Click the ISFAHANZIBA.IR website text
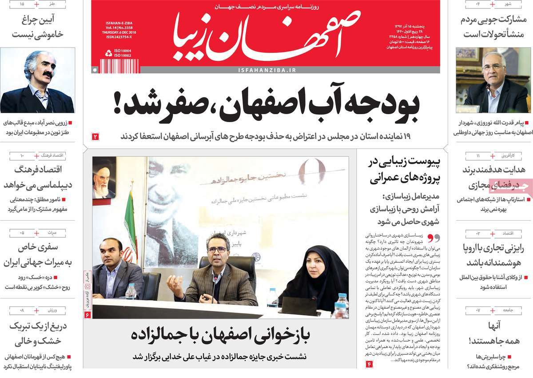coord(267,70)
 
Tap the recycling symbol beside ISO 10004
coord(108,53)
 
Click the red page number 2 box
coord(95,137)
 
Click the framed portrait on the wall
coord(104,178)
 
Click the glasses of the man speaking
coord(217,250)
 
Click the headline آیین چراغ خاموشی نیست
coord(37,26)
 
